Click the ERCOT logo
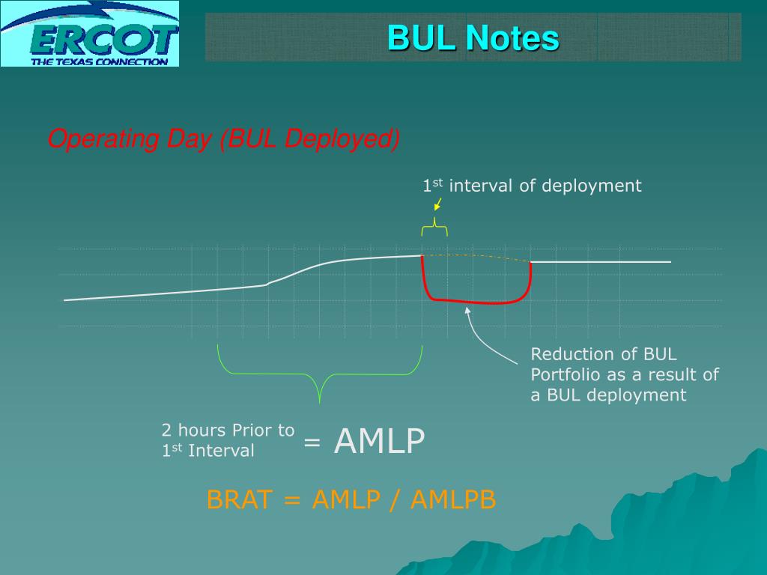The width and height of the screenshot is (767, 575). pyautogui.click(x=90, y=34)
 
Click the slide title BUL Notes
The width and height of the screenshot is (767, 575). pyautogui.click(x=473, y=37)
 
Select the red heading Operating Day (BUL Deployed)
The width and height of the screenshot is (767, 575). pyautogui.click(x=223, y=139)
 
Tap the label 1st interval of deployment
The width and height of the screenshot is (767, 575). pyautogui.click(x=532, y=186)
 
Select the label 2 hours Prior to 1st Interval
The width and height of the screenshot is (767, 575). pyautogui.click(x=228, y=440)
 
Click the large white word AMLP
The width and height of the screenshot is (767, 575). pyautogui.click(x=380, y=441)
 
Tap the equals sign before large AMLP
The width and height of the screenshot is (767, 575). pyautogui.click(x=312, y=442)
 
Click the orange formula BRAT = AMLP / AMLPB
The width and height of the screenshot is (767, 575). pyautogui.click(x=351, y=499)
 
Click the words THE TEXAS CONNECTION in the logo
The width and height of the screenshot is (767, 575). pyautogui.click(x=99, y=61)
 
